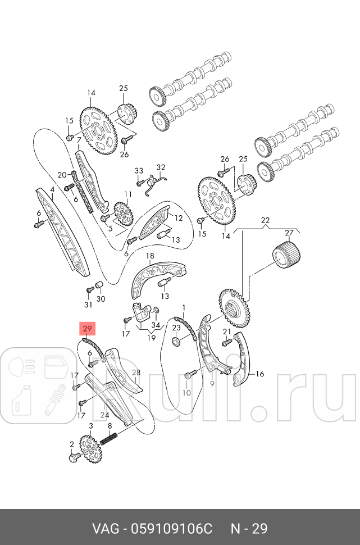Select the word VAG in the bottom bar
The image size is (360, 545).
107,529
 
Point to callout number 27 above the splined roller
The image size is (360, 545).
289,233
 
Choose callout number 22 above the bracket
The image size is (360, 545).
266,221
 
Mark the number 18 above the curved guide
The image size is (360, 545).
150,256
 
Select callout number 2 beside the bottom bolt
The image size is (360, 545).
72,444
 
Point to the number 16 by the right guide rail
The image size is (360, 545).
259,374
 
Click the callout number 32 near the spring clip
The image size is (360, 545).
161,167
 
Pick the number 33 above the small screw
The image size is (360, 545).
139,170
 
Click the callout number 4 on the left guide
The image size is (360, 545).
52,190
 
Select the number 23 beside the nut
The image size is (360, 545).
176,328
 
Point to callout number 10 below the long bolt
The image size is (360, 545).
186,392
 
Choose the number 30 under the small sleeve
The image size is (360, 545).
101,299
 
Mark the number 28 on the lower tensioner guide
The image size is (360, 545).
135,373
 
